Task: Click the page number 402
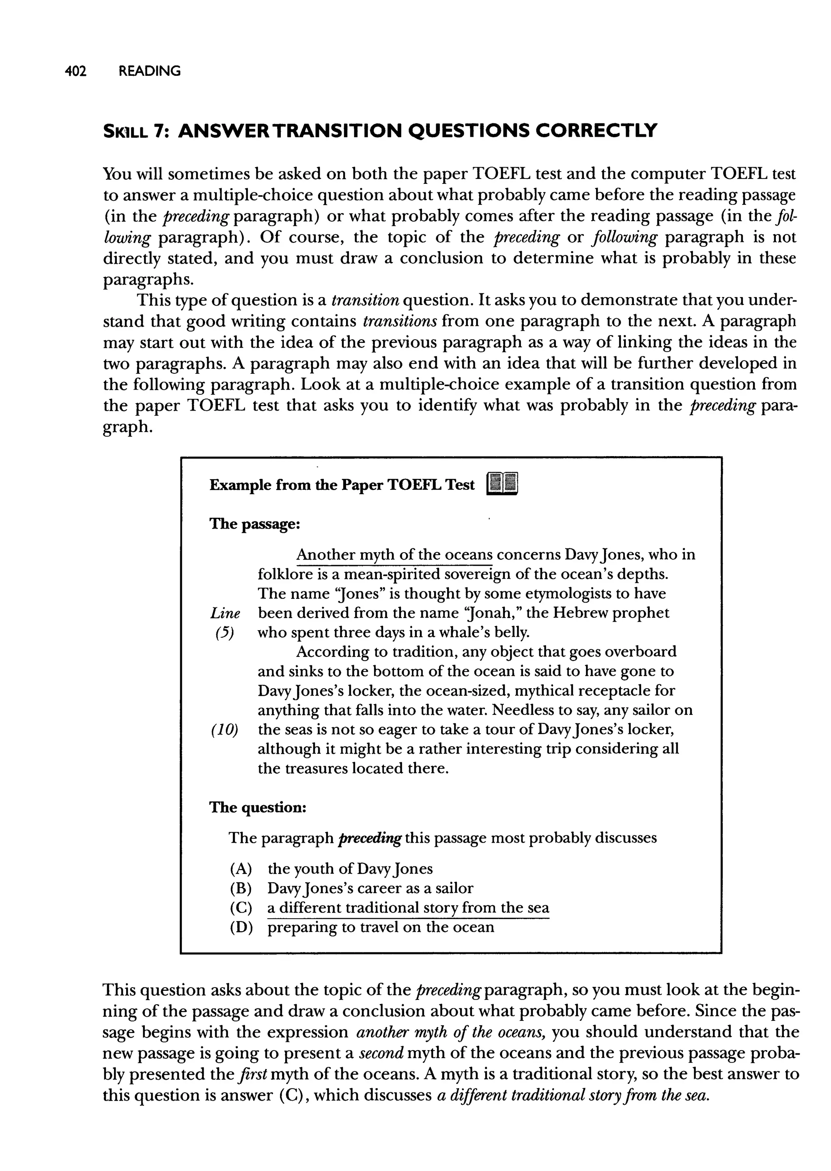[76, 71]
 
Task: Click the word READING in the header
[149, 71]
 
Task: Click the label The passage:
[254, 524]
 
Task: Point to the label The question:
[258, 807]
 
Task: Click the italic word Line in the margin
[225, 613]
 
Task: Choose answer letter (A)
[241, 869]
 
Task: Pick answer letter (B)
[241, 888]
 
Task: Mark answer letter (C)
[241, 908]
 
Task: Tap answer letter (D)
[241, 928]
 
